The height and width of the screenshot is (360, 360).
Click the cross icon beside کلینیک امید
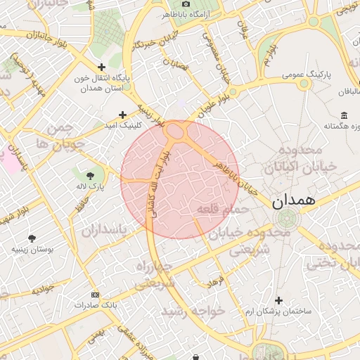click(x=123, y=114)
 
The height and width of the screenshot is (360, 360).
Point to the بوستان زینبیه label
click(x=31, y=249)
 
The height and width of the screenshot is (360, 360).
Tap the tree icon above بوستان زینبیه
click(x=32, y=238)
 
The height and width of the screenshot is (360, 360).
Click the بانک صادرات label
click(x=95, y=304)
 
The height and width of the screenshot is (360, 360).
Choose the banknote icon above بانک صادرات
click(x=96, y=294)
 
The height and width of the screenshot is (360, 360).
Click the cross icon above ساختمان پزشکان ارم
click(x=279, y=300)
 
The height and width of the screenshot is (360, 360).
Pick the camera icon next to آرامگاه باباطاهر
click(x=186, y=4)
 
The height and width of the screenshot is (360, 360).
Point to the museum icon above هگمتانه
click(x=344, y=115)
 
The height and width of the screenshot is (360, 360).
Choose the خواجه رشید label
click(x=193, y=310)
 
